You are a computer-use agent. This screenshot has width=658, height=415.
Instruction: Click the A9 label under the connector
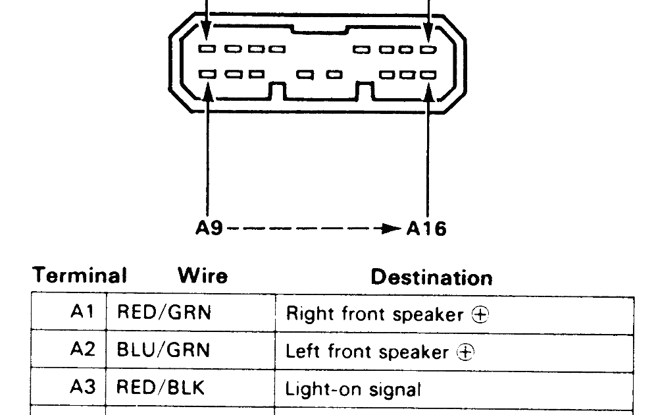click(210, 228)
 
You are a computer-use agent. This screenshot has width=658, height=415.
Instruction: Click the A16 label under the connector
click(426, 228)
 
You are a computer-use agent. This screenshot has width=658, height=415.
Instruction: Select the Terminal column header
click(80, 275)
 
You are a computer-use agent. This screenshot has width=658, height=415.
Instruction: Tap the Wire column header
click(202, 275)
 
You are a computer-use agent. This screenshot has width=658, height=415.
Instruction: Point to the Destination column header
click(431, 277)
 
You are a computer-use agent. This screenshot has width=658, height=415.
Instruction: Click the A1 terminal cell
click(82, 312)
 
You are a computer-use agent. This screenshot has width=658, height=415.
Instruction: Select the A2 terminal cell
click(82, 350)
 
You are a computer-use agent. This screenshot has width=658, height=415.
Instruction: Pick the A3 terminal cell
click(82, 387)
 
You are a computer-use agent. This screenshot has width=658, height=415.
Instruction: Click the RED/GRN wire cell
click(164, 312)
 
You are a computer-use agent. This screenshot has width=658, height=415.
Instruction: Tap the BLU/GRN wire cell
click(163, 350)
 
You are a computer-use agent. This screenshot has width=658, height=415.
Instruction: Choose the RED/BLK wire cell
click(161, 387)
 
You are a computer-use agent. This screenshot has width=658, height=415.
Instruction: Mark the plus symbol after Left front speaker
click(466, 352)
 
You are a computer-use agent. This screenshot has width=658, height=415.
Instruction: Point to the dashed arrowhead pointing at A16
click(393, 229)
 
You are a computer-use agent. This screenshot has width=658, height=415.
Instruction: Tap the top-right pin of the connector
click(428, 49)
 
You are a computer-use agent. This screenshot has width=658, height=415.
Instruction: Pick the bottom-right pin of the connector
click(428, 74)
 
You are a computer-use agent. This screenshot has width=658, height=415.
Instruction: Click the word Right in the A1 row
click(303, 315)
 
